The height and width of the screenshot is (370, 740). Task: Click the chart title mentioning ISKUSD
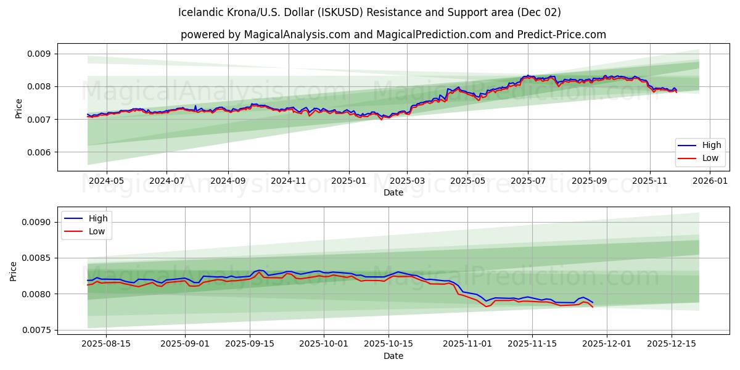point(369,12)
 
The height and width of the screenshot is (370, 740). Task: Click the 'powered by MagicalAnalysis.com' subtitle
point(393,35)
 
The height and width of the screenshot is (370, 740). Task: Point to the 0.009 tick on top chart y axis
point(39,54)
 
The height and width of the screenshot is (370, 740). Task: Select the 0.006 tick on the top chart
point(39,152)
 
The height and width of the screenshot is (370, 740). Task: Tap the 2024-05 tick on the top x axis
point(107,181)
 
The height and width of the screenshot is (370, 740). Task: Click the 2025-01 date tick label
point(348,181)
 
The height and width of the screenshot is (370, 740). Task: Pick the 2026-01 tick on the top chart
point(710,181)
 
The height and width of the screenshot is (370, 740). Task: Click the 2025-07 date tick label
point(528,181)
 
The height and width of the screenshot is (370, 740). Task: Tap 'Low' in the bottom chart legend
point(97,232)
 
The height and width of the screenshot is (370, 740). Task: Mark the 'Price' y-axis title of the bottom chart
point(14,271)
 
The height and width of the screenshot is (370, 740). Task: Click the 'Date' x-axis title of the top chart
point(393,192)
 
